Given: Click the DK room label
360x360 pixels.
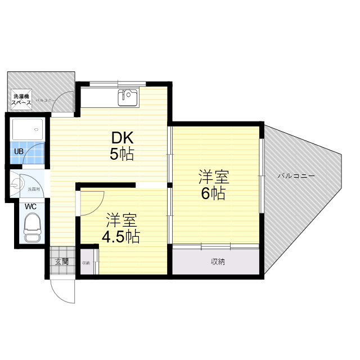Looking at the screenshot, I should [x=121, y=137].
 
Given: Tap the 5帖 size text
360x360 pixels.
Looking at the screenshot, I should [x=121, y=154].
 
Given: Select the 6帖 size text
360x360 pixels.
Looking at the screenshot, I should [x=214, y=194].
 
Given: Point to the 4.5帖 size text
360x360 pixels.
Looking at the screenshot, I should [x=120, y=236].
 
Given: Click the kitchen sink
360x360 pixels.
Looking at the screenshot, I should [x=128, y=97].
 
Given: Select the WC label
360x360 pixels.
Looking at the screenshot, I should [x=30, y=206].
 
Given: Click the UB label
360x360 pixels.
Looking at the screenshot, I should [x=19, y=152].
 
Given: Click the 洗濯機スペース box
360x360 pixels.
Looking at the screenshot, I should [x=22, y=100].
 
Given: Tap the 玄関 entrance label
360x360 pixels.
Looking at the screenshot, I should [x=61, y=261].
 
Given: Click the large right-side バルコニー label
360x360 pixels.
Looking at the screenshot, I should [x=296, y=175].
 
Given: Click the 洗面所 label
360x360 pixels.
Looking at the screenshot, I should [x=34, y=190].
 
